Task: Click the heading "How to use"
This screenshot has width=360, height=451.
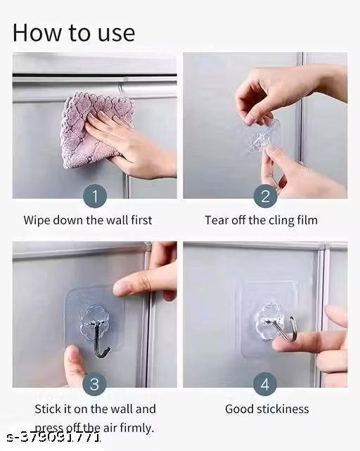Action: tap(73, 32)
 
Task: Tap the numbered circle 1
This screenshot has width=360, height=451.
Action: tap(95, 196)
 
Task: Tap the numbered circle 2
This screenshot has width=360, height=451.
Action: tap(264, 196)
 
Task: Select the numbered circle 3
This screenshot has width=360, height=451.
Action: tap(95, 384)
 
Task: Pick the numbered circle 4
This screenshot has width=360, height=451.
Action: tap(264, 384)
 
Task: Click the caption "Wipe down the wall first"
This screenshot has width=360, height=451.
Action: tap(88, 220)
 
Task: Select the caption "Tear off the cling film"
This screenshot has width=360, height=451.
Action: tap(261, 220)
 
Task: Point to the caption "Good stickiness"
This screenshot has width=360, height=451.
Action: tap(266, 408)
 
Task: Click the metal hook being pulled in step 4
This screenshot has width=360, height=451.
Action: tap(289, 329)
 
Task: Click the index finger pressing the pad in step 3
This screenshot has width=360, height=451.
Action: tap(141, 281)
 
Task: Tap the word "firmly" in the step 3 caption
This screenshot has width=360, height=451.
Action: tap(137, 427)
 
